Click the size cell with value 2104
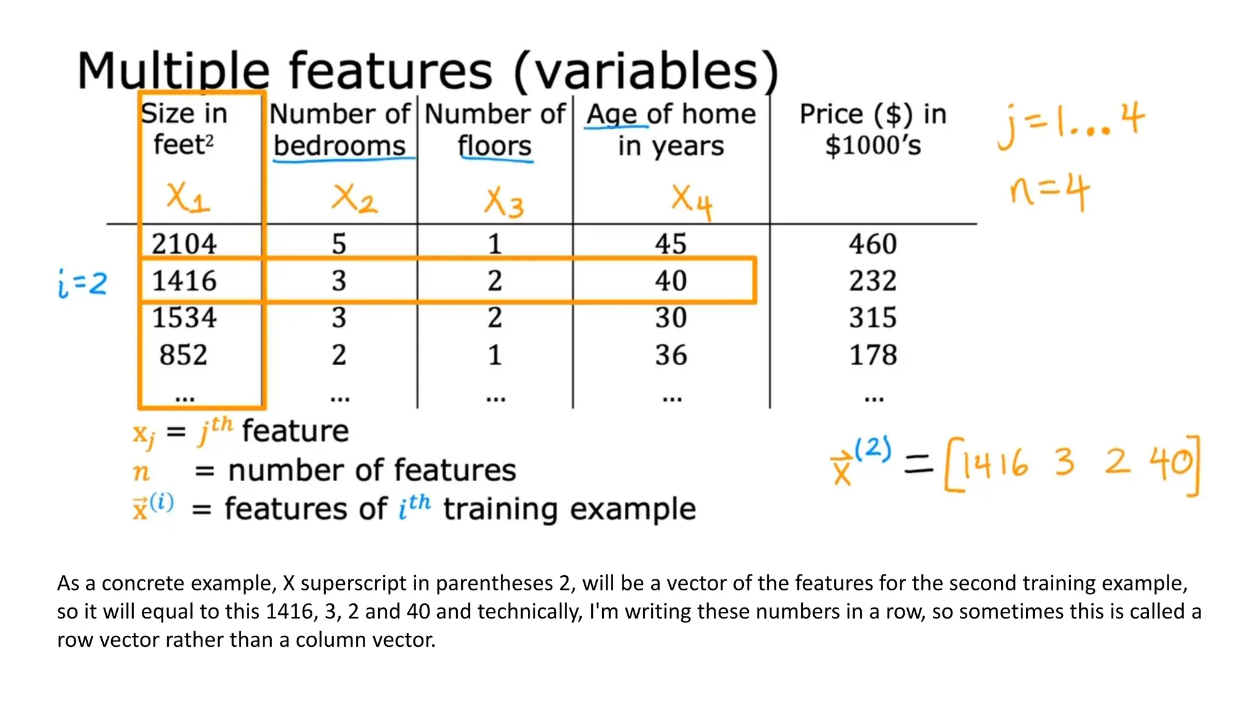pyautogui.click(x=184, y=244)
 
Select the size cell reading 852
pyautogui.click(x=184, y=355)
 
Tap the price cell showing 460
pyautogui.click(x=873, y=244)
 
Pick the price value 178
pyautogui.click(x=873, y=355)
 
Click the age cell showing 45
pyautogui.click(x=670, y=244)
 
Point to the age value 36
pyautogui.click(x=670, y=355)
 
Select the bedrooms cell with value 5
pyautogui.click(x=339, y=244)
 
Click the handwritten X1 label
pyautogui.click(x=188, y=198)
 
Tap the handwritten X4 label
pyautogui.click(x=691, y=201)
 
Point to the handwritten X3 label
pyautogui.click(x=504, y=203)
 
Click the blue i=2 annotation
pyautogui.click(x=82, y=284)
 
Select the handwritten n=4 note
pyautogui.click(x=1049, y=191)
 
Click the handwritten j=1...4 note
pyautogui.click(x=1070, y=125)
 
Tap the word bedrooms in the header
pyautogui.click(x=339, y=146)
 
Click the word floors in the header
pyautogui.click(x=495, y=146)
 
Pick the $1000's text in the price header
pyautogui.click(x=873, y=146)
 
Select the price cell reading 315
pyautogui.click(x=873, y=318)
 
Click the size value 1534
pyautogui.click(x=184, y=318)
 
